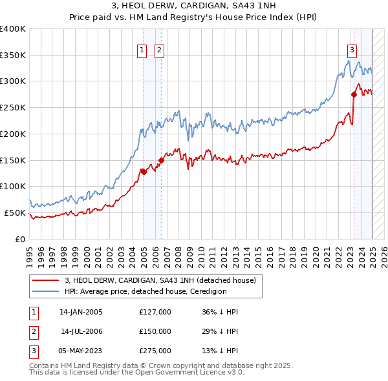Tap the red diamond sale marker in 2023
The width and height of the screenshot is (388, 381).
(x=354, y=94)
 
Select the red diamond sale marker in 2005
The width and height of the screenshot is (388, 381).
(x=144, y=171)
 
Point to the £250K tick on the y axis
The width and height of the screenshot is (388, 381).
(x=13, y=107)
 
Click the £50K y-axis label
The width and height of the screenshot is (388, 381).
(x=15, y=212)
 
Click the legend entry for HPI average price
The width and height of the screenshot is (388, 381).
(x=145, y=291)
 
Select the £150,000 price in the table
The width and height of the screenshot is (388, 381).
(x=155, y=331)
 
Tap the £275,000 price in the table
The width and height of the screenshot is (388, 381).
(x=155, y=351)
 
